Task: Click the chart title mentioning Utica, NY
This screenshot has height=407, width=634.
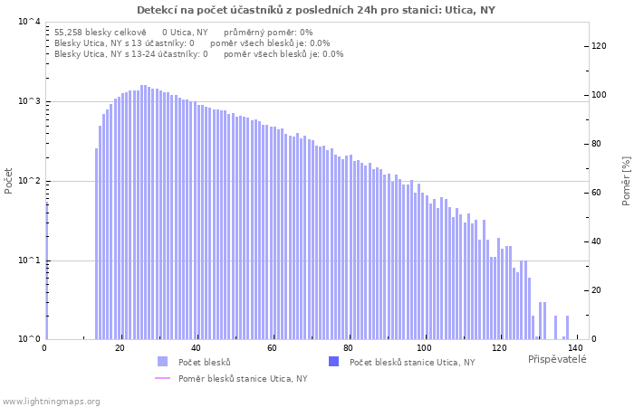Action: (316, 10)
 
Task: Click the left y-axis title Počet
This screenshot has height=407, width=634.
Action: (9, 181)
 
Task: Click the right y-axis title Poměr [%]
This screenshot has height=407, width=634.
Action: (626, 181)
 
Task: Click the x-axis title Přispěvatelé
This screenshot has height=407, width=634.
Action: (557, 359)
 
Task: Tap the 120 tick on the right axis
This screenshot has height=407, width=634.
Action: (599, 46)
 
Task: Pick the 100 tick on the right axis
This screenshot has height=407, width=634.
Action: (599, 95)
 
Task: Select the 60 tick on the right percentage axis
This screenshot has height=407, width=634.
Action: (596, 193)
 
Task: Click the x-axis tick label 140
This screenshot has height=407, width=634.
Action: (577, 347)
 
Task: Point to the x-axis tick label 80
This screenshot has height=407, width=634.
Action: (349, 347)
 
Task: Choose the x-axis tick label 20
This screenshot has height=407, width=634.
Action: (120, 347)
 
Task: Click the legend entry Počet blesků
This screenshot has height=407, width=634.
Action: (204, 363)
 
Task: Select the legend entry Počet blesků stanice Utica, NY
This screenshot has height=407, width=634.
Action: (411, 363)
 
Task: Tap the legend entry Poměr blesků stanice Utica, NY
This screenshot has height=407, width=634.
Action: (242, 379)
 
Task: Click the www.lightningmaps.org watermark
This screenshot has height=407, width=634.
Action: (52, 402)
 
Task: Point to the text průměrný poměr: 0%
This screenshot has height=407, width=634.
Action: (268, 33)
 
